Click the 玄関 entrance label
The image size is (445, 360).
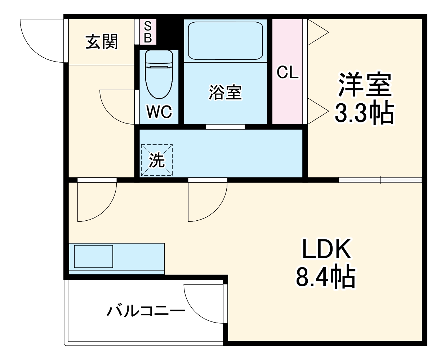coord(102,42)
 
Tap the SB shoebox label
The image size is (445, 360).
coord(148,32)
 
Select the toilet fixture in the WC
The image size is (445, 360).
coord(159,73)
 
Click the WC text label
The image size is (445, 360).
coord(159,112)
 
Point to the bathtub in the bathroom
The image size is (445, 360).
coord(226,40)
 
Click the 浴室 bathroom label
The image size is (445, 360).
coord(225,92)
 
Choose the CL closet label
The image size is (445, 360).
coord(288,73)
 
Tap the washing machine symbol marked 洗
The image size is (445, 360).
coord(157,160)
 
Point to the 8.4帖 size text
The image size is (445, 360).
coord(326,276)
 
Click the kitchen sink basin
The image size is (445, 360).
coord(93,256)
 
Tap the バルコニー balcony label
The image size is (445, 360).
coord(146,310)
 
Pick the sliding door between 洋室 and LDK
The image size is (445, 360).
coord(380,180)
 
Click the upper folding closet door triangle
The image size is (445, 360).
coord(317,33)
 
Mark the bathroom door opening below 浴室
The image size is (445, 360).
coord(225,127)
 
